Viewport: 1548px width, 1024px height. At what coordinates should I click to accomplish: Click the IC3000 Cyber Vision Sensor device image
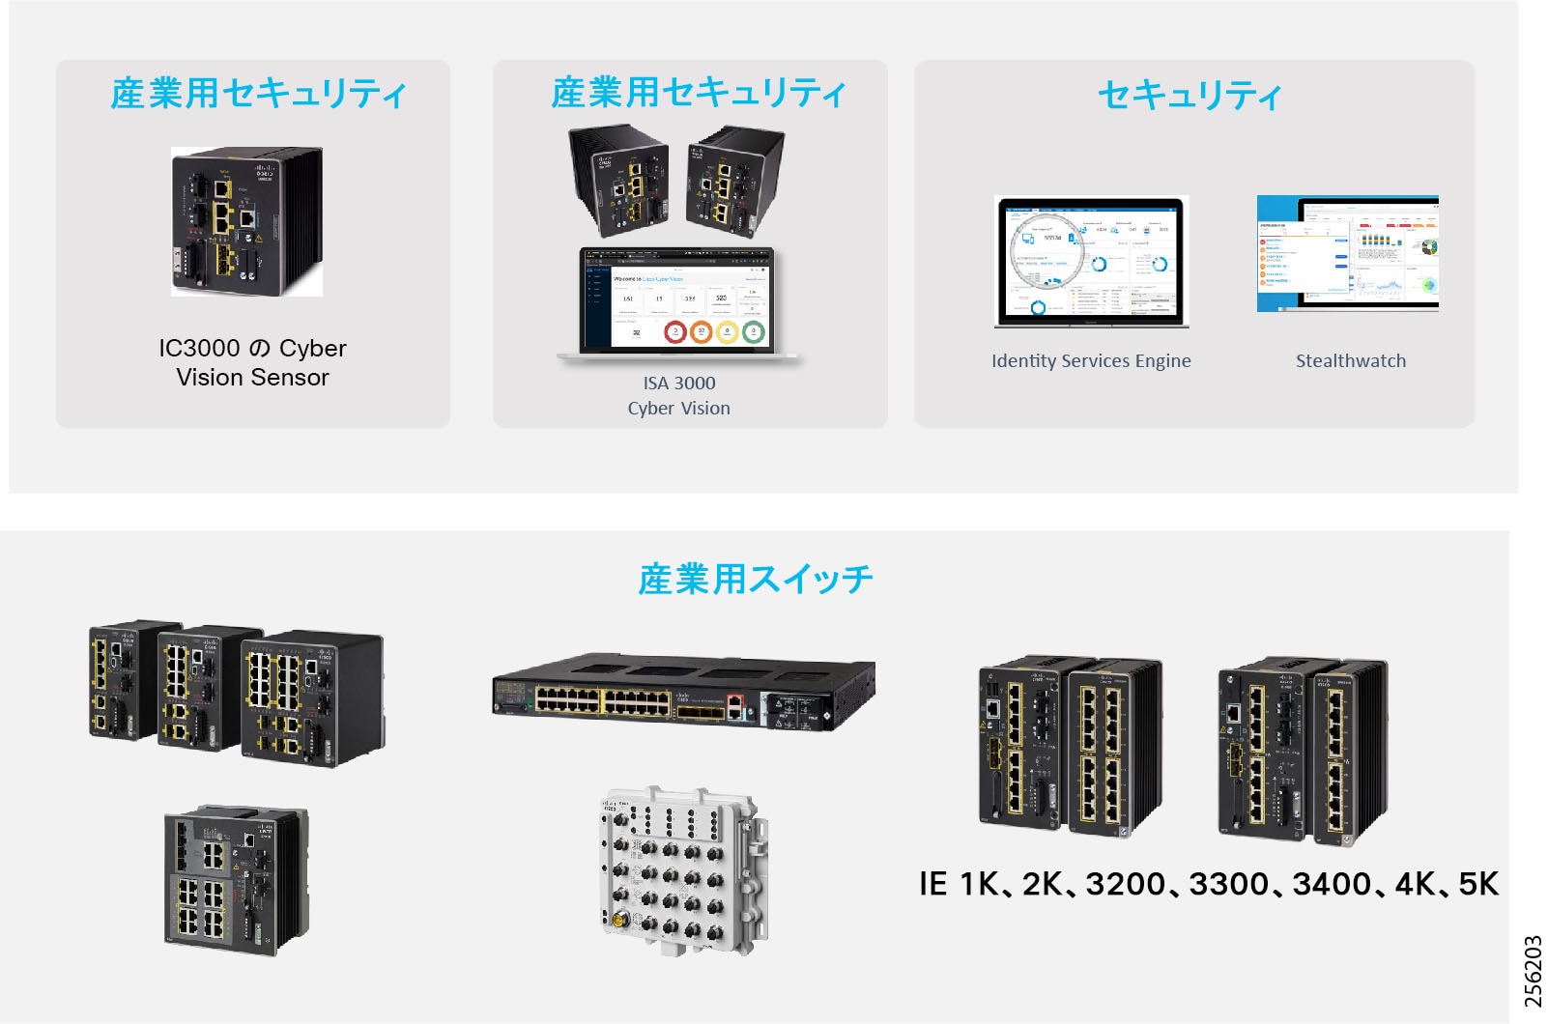[247, 221]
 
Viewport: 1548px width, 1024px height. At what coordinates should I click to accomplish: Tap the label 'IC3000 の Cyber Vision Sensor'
[252, 362]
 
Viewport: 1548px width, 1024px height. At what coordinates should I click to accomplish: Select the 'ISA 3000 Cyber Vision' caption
[679, 395]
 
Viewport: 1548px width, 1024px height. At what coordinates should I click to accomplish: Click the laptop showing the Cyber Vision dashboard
[679, 303]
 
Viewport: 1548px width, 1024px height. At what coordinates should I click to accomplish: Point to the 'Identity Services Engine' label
[1091, 361]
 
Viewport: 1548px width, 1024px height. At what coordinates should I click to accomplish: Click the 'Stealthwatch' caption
[1350, 361]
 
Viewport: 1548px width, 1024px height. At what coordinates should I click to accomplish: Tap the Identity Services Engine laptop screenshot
[1090, 261]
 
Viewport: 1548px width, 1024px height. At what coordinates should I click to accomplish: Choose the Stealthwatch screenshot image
[1347, 253]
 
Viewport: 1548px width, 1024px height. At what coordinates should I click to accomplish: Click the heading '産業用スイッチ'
[755, 580]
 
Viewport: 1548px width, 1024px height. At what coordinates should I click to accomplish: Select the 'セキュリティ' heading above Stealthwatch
[1190, 95]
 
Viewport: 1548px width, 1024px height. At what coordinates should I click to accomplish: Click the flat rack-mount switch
[683, 693]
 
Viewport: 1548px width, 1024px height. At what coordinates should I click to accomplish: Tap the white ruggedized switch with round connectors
[682, 869]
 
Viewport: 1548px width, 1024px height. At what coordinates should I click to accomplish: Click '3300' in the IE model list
[1228, 884]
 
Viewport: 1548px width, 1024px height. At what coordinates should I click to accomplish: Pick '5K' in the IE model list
[1477, 884]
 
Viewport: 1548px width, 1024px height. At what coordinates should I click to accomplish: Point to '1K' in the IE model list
[979, 884]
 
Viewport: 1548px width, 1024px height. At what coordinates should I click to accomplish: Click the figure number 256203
[1533, 971]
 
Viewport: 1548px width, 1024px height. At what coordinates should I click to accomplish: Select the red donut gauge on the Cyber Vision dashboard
[674, 332]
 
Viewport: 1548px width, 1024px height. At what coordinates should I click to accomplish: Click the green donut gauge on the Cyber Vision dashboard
[754, 332]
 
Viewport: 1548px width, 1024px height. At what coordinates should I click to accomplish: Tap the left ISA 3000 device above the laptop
[618, 182]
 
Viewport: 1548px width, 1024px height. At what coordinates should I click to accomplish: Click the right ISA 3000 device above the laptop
[734, 182]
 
